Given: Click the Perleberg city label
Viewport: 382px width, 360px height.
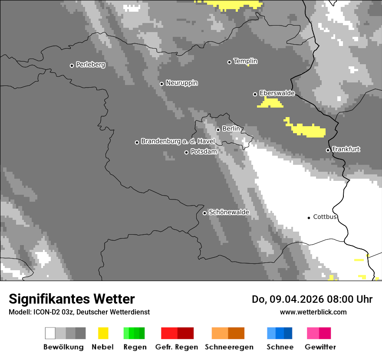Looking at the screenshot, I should coord(90,65).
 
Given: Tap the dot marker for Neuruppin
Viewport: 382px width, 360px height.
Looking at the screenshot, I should coord(161,84).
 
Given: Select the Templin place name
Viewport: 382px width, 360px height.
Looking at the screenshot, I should coord(245,61).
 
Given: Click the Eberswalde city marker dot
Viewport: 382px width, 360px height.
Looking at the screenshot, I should coord(255,94).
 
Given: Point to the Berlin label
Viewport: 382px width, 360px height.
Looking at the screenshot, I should coord(231,129).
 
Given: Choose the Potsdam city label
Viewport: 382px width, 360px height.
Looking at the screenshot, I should coord(204,152).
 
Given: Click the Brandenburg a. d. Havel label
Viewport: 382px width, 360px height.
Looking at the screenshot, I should coord(178,141).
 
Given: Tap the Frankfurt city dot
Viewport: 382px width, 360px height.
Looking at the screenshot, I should coord(328,150).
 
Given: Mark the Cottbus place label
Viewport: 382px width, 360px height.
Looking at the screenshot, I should coord(325,217).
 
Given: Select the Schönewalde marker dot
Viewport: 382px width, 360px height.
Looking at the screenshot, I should coord(204,213).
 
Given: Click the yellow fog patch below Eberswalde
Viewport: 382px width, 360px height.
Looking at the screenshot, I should coord(270,103).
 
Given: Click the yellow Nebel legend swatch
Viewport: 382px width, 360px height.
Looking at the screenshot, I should coord(103,333).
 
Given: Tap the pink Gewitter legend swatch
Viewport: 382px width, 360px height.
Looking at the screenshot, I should coord(319,333).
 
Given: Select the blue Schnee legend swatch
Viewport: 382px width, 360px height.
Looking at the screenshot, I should coord(280,333).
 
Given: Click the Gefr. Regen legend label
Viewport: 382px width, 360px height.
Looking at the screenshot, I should coord(177,347).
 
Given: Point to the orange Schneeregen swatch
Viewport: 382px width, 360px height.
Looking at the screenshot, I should coord(228,333).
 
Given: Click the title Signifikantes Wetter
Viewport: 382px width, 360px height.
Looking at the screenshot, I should coord(72,299).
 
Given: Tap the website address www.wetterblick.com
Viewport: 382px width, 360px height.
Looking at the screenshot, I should coord(313,312).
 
